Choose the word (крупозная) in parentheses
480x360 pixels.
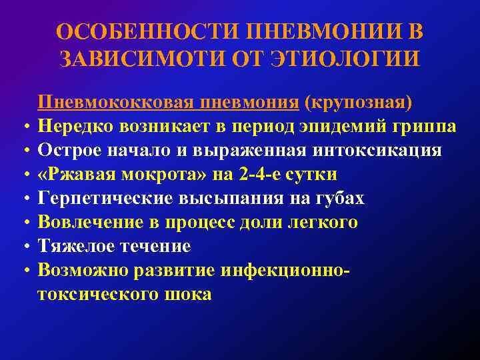(358, 103)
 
